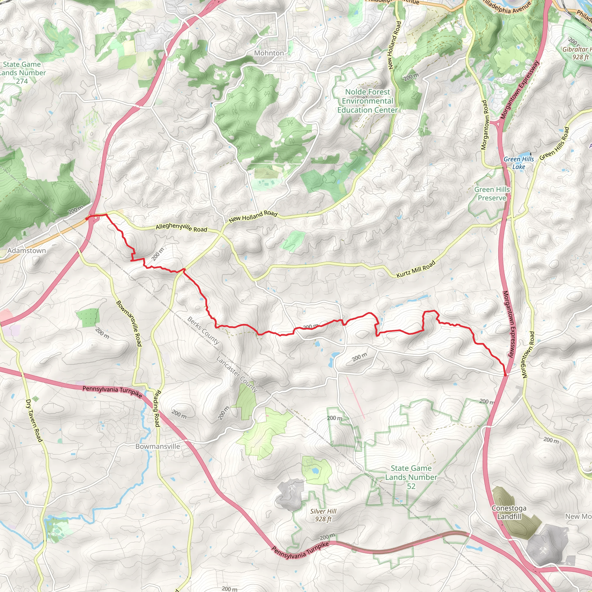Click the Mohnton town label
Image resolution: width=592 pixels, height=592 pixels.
(269, 53)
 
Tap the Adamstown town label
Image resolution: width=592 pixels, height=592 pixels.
(27, 250)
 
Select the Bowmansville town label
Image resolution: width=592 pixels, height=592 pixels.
(158, 446)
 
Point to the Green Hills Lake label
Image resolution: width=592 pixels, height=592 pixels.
(519, 163)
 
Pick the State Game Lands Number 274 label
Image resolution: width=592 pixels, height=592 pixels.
(22, 73)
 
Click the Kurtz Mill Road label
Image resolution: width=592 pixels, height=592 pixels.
(415, 269)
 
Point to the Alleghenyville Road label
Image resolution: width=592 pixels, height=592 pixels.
(182, 227)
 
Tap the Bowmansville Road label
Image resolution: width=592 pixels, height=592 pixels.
(129, 323)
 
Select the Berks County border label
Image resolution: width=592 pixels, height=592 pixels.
(203, 331)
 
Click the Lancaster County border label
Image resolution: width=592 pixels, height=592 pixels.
(237, 374)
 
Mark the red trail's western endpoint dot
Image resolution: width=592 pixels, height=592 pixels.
(87, 219)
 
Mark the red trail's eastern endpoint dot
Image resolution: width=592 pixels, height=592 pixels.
(505, 374)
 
